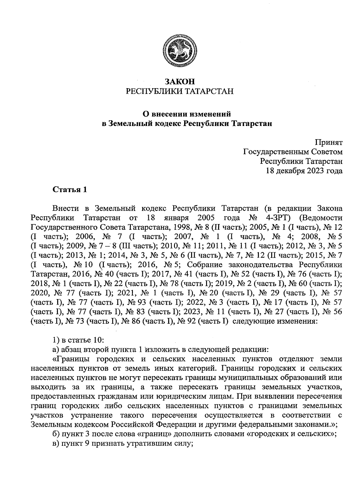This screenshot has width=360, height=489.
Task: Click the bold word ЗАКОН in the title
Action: [180, 81]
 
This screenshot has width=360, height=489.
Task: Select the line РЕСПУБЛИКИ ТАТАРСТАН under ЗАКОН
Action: [180, 91]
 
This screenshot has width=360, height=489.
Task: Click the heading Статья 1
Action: [70, 190]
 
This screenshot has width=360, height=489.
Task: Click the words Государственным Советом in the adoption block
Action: [292, 152]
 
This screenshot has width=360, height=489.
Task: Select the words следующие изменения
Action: [275, 322]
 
